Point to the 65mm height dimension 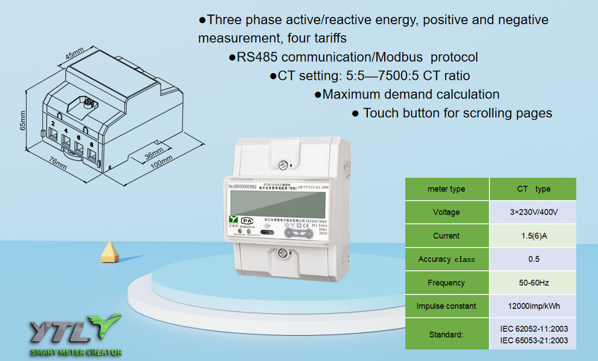coord(23,121)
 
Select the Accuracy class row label coord(446,259)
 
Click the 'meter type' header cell coord(446,189)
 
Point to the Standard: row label coord(446,334)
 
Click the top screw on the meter coord(281,164)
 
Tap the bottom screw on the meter coord(281,253)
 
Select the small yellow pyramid coord(109,251)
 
